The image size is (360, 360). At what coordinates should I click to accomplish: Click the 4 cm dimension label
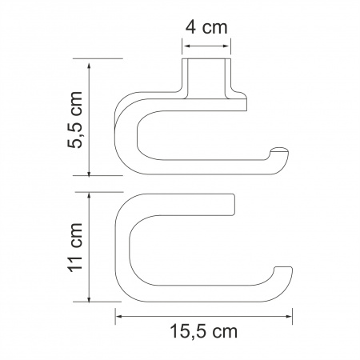(x=206, y=27)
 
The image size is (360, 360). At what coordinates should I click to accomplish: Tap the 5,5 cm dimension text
(x=75, y=119)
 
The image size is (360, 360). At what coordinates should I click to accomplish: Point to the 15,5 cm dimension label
(x=203, y=331)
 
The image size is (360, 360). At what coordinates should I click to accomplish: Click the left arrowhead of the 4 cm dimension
(x=186, y=46)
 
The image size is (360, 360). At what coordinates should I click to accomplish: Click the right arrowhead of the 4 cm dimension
(x=227, y=46)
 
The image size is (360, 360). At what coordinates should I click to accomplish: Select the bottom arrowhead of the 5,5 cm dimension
(x=90, y=172)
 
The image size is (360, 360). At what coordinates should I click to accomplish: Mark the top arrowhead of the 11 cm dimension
(x=90, y=196)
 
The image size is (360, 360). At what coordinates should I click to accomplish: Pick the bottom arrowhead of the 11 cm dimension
(x=90, y=298)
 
